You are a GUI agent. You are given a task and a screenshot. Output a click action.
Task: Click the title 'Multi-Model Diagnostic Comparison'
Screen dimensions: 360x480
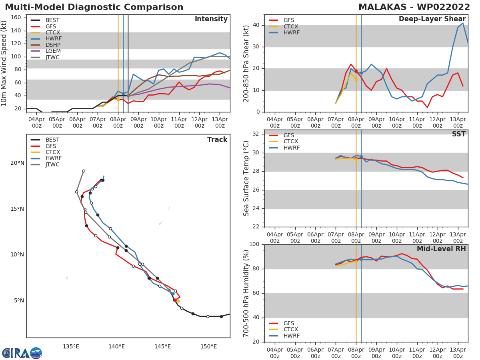coord(94,7)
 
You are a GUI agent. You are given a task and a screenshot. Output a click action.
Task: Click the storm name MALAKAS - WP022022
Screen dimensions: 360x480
coord(414,7)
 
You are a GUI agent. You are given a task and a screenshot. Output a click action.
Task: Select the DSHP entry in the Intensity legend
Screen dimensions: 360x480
coord(53,45)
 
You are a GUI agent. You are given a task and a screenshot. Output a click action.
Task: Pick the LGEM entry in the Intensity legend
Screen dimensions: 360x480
coord(53,51)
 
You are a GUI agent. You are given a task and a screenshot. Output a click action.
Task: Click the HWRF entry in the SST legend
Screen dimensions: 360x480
coord(291,148)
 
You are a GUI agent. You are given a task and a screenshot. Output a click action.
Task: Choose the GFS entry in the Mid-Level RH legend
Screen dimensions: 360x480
coord(289,323)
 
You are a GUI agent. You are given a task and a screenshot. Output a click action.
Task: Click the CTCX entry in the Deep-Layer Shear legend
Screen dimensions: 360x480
coord(291,26)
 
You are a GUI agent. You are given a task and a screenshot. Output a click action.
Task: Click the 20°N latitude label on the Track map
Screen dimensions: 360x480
coord(17,163)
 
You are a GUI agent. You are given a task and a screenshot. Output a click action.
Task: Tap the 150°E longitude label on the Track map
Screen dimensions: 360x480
coord(208,346)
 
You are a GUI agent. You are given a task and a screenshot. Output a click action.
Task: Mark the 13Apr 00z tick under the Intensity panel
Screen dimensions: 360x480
coord(220,122)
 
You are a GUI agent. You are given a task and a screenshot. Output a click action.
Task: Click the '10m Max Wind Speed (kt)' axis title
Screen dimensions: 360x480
coord(4,63)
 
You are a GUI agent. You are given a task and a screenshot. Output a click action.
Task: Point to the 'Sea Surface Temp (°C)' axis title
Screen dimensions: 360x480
coord(246,179)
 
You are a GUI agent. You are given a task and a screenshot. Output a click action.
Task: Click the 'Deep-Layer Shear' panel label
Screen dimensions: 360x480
coord(432,19)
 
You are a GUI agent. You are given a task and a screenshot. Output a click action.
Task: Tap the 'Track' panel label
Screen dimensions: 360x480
coord(217,140)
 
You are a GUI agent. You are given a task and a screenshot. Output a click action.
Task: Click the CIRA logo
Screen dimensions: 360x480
coord(22,353)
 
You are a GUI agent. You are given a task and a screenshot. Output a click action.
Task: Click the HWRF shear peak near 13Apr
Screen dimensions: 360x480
coord(463,23)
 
